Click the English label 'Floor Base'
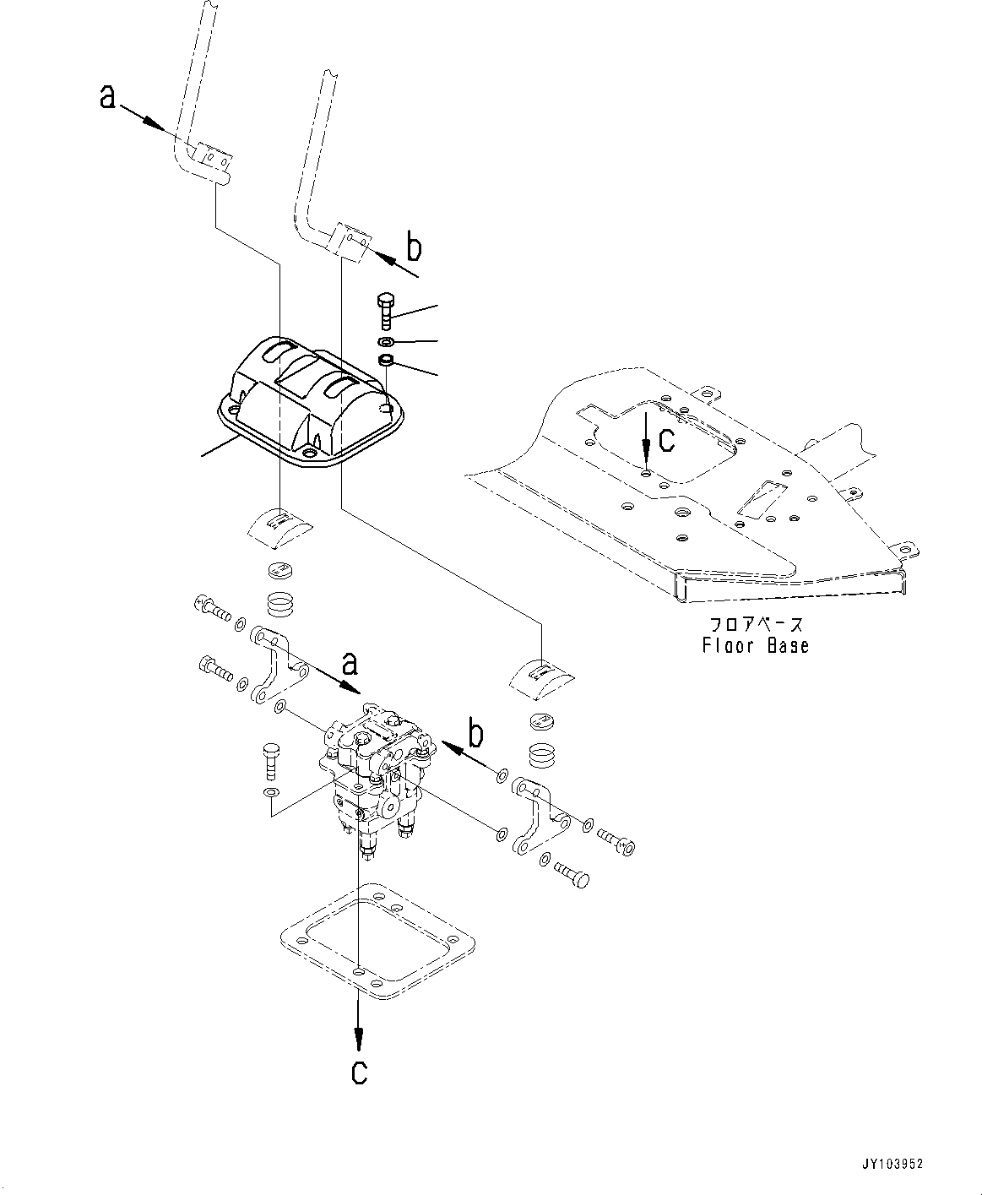click(x=755, y=646)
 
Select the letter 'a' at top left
click(x=107, y=98)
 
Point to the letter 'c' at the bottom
click(x=360, y=1072)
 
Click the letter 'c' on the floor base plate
click(x=667, y=438)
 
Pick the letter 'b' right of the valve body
click(x=477, y=735)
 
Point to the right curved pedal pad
click(x=540, y=676)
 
